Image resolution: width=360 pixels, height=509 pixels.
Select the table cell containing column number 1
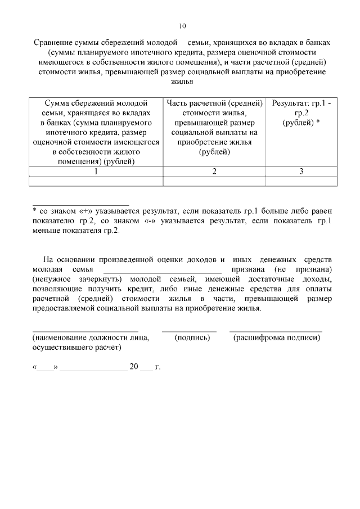[x=96, y=172]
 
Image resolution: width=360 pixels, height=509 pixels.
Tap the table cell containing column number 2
[x=214, y=172]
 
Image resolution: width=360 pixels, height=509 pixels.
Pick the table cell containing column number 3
[x=301, y=172]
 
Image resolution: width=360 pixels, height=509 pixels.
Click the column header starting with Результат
[x=301, y=113]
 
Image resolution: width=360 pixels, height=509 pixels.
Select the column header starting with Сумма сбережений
[x=96, y=133]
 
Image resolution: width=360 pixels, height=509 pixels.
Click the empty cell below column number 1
[x=96, y=181]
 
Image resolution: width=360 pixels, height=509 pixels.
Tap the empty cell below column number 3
[x=301, y=181]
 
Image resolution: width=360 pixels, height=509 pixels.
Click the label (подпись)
[x=192, y=337]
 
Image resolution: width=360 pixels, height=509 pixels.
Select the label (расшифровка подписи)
[x=276, y=337]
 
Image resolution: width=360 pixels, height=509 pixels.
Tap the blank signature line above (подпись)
[x=189, y=330]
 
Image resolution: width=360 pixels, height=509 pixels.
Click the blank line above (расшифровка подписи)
[x=276, y=330]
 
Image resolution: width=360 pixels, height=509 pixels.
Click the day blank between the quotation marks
[x=46, y=368]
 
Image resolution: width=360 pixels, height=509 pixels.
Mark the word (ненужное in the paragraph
[x=53, y=279]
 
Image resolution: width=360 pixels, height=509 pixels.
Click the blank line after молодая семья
[x=158, y=271]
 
